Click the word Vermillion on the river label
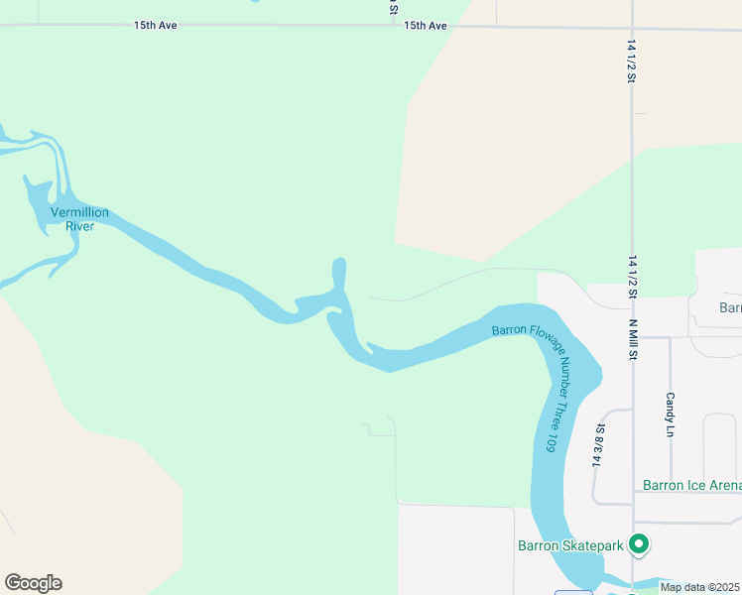click(80, 213)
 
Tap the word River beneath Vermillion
click(80, 226)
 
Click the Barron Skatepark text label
click(570, 544)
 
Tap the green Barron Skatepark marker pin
click(640, 543)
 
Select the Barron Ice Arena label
click(691, 485)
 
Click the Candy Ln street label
click(670, 415)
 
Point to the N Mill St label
click(631, 336)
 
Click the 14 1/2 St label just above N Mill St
click(631, 276)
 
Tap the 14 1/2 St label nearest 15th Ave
click(631, 60)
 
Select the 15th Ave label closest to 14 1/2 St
click(426, 25)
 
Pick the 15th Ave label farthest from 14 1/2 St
click(156, 25)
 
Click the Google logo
click(33, 583)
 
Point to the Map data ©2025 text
click(698, 587)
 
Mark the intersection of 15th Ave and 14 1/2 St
click(632, 27)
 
